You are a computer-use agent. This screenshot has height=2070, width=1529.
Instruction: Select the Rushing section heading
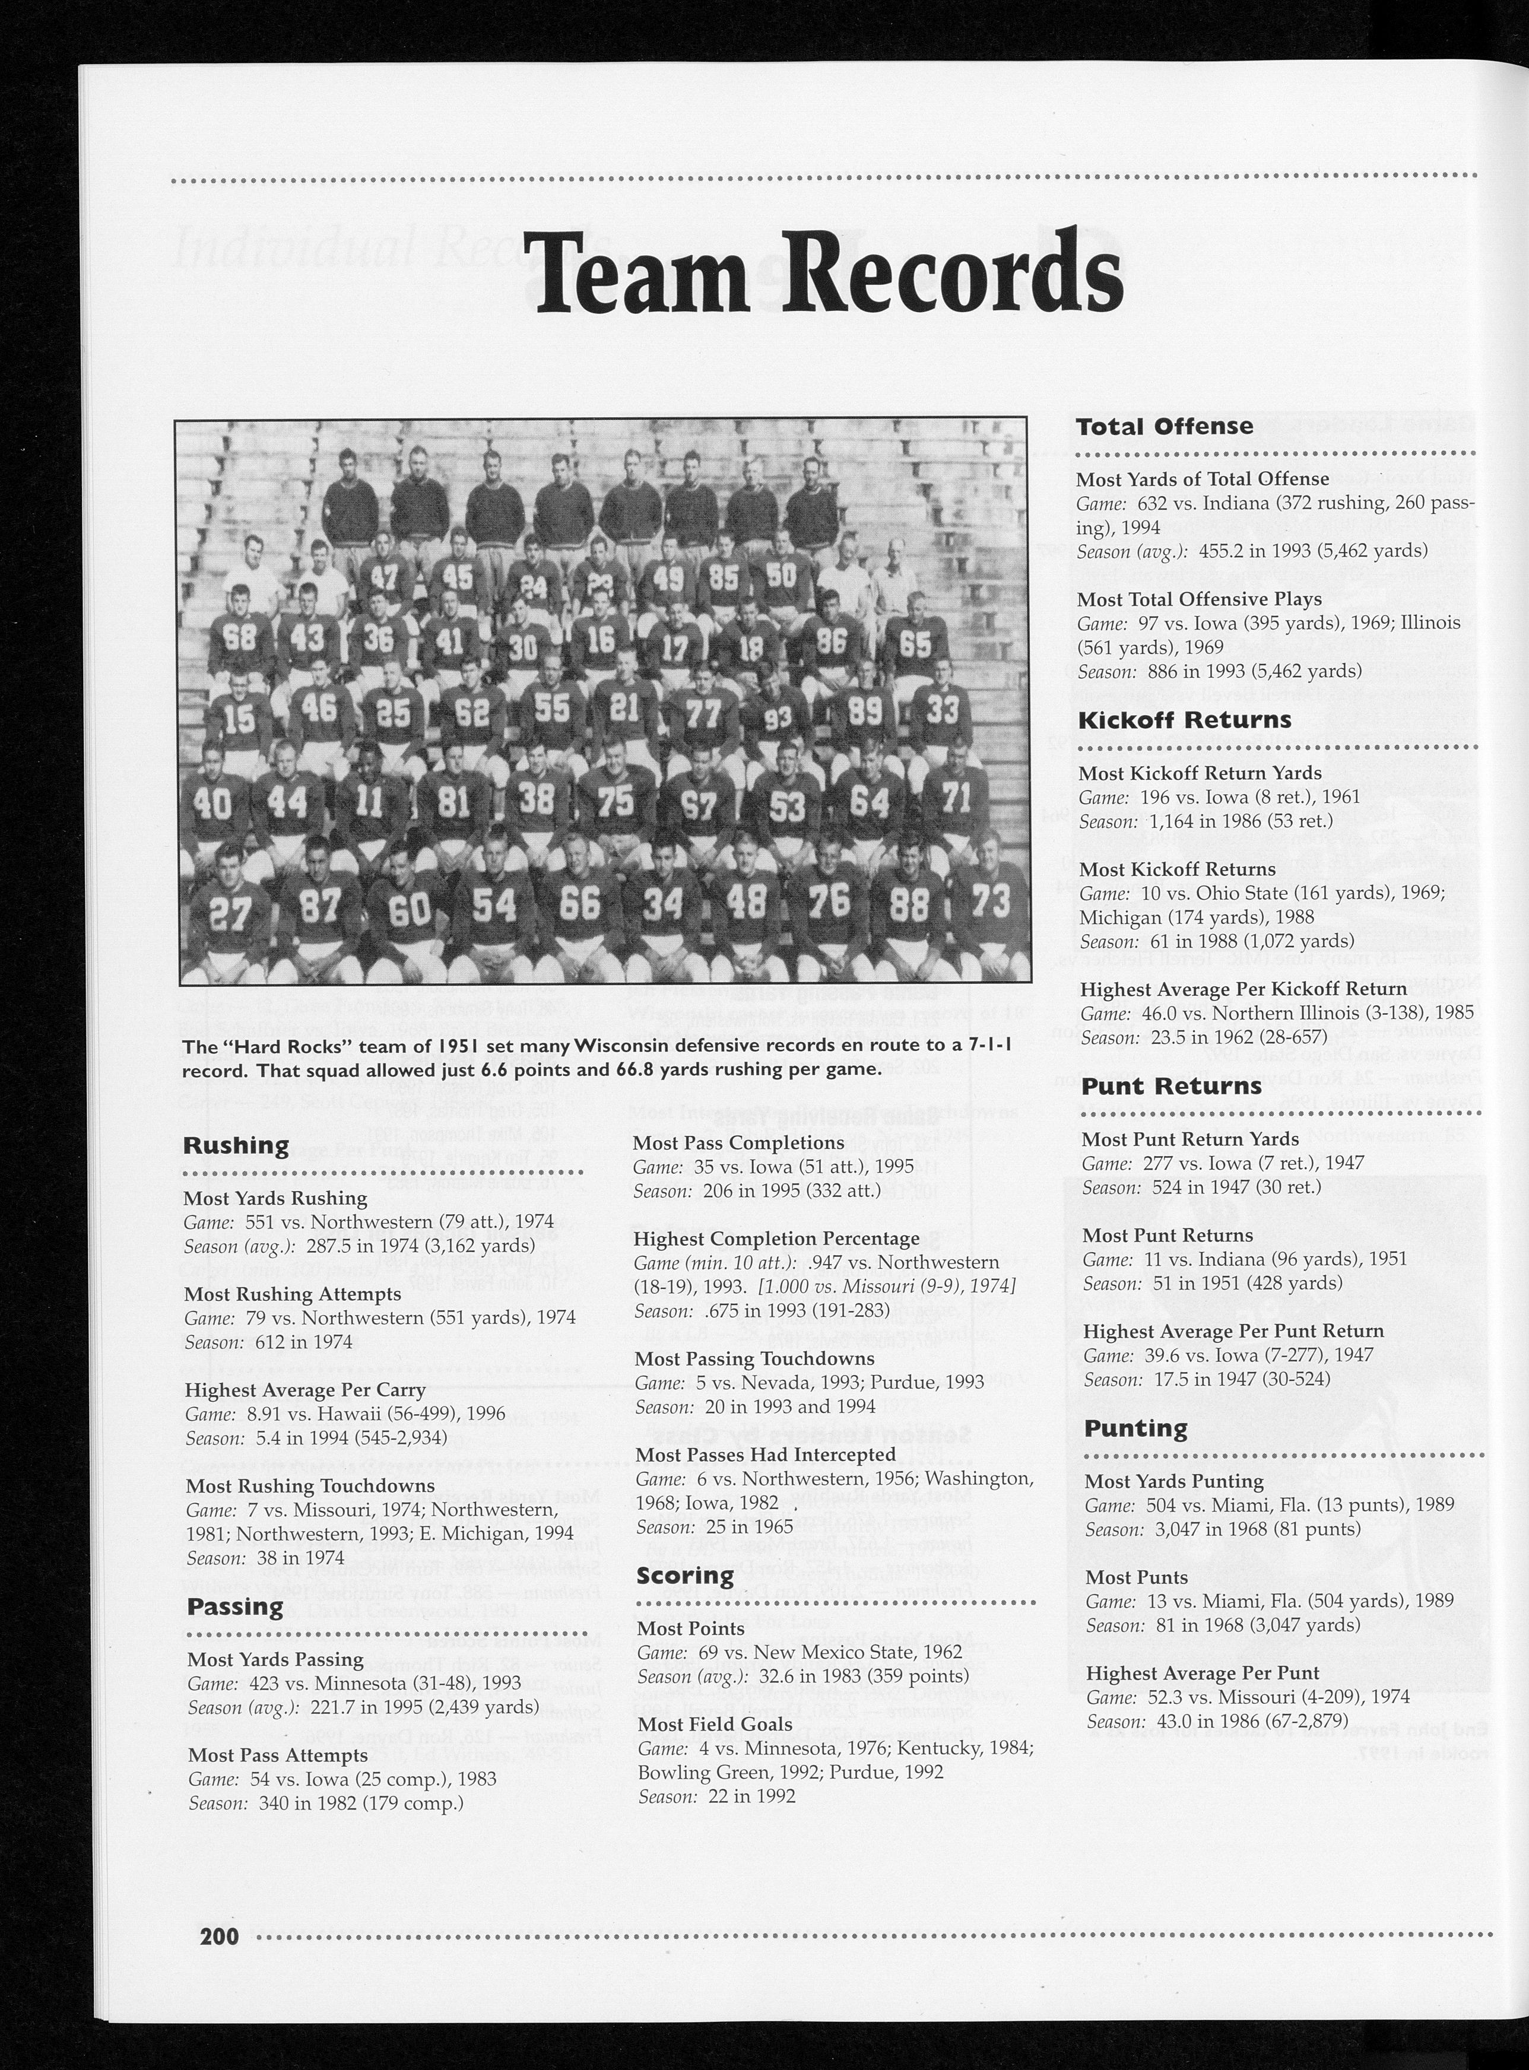pos(236,1145)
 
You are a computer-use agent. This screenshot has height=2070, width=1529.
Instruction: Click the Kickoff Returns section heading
pos(1185,719)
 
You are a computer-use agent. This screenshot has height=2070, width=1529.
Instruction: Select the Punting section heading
pos(1135,1428)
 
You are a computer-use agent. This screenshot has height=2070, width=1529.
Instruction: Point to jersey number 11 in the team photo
pos(369,801)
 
